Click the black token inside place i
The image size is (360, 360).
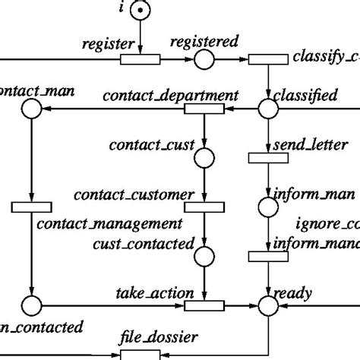pos(139,11)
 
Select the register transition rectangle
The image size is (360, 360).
pos(141,59)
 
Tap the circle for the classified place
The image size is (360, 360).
pos(268,109)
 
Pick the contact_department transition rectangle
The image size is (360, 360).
pos(205,109)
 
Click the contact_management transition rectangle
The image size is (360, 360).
pos(31,207)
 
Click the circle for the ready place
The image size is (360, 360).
pos(268,305)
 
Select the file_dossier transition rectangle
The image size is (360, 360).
pos(141,354)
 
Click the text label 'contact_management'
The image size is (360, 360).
pos(109,224)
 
